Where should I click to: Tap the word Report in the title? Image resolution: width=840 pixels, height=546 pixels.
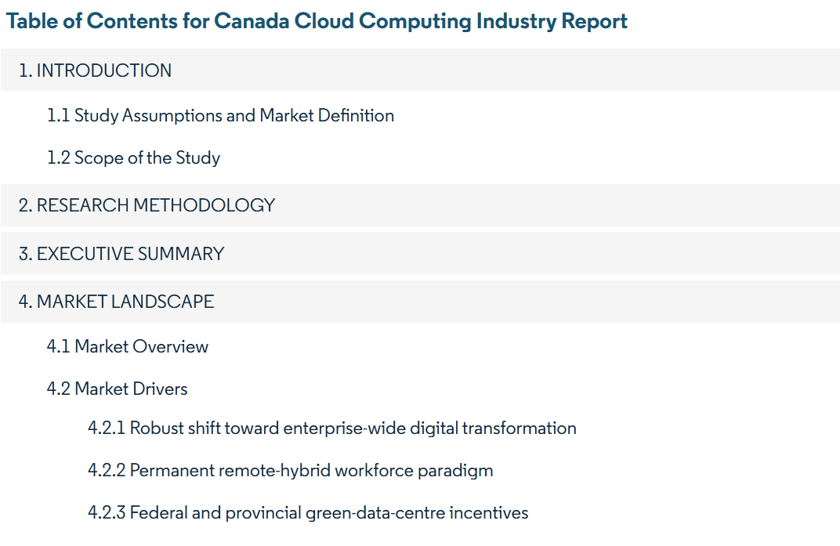pyautogui.click(x=594, y=21)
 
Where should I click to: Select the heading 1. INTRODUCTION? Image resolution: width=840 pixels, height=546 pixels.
pyautogui.click(x=96, y=71)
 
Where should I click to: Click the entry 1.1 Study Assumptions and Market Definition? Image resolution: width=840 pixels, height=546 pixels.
pyautogui.click(x=220, y=116)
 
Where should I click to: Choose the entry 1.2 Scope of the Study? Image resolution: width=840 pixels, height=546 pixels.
pyautogui.click(x=133, y=158)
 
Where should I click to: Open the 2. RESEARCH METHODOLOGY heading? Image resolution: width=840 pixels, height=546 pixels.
pyautogui.click(x=147, y=205)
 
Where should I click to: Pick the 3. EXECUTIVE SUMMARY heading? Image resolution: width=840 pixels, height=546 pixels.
pyautogui.click(x=121, y=254)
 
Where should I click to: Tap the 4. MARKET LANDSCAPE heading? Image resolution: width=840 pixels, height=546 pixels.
pyautogui.click(x=117, y=302)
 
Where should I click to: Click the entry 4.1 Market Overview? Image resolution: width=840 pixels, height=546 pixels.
pyautogui.click(x=128, y=346)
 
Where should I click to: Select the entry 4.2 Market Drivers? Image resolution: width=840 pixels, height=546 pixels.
pyautogui.click(x=118, y=389)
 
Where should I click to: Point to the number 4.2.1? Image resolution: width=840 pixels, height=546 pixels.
pyautogui.click(x=107, y=428)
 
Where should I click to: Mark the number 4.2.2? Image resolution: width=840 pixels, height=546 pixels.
pyautogui.click(x=107, y=471)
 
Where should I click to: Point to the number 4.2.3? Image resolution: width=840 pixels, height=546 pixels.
pyautogui.click(x=107, y=513)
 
